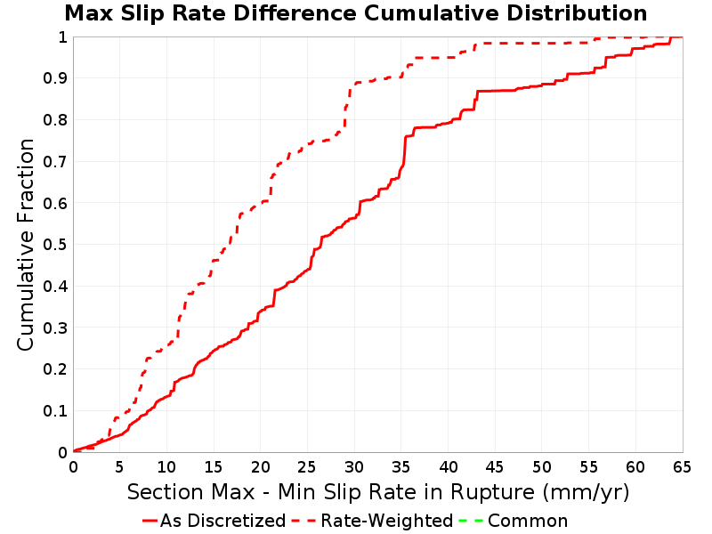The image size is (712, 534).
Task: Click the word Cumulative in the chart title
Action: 432,13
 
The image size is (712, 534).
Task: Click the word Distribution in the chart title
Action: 577,13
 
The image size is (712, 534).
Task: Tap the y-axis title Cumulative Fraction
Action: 26,244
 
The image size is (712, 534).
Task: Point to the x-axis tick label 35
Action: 401,466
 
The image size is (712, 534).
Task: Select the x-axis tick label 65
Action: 682,466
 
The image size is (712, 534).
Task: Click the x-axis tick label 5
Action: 120,466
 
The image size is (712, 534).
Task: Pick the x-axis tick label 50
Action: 542,466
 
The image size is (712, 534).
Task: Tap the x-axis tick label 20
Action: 260,466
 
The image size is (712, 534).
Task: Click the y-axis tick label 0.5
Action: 55,245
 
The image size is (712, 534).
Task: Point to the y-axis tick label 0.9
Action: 55,78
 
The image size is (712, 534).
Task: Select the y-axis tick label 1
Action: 62,37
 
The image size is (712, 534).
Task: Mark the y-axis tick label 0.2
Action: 55,369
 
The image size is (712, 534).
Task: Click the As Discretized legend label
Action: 223,521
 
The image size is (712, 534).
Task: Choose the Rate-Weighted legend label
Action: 387,521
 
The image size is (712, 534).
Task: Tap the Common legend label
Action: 528,521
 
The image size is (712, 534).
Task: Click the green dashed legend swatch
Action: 472,521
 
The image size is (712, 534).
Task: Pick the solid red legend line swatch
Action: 150,521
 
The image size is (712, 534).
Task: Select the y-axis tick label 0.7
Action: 55,162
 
